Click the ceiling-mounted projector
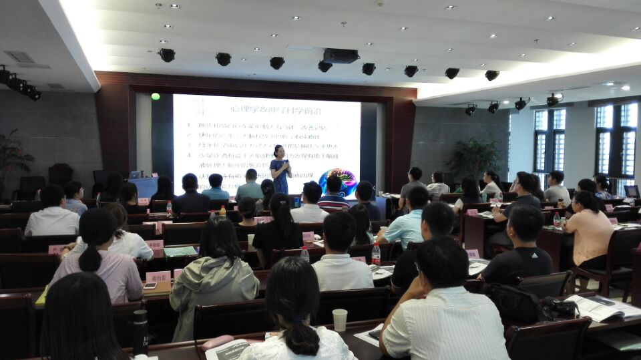point(341,56)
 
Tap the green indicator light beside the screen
point(156,96)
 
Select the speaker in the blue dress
point(280,171)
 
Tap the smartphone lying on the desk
point(150,285)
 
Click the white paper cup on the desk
point(340,320)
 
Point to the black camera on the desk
point(558,309)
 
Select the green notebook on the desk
point(180,251)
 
